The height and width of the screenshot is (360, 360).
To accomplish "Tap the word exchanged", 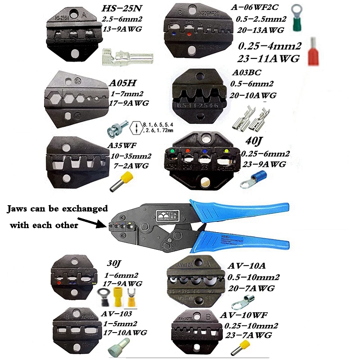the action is click(x=87, y=209).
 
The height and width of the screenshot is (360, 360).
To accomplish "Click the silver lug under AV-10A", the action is click(x=245, y=305).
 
